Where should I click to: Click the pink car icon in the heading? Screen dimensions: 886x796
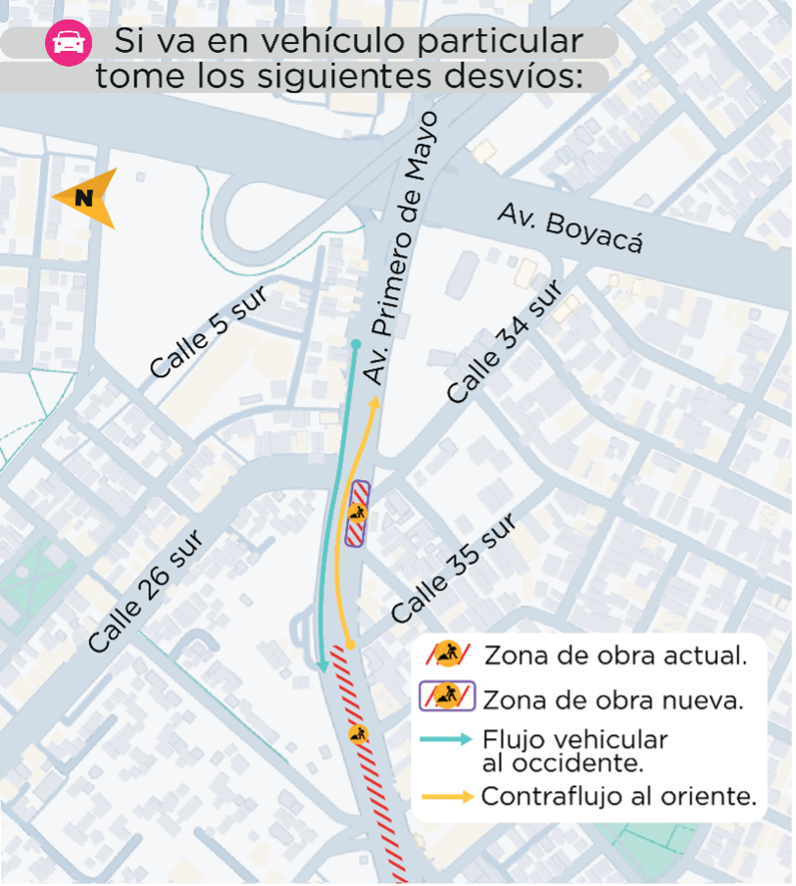click(69, 44)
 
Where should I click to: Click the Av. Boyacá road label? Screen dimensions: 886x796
click(571, 227)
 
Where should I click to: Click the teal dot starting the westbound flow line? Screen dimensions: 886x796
click(357, 344)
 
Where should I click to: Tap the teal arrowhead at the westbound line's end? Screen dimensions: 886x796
click(323, 665)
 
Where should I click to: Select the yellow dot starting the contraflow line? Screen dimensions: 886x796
click(349, 644)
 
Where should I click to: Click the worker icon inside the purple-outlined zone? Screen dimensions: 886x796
click(356, 513)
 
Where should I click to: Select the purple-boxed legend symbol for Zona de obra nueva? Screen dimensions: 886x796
click(447, 696)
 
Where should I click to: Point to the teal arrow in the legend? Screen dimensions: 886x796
click(447, 740)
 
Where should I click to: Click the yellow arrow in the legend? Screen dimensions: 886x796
click(447, 797)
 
